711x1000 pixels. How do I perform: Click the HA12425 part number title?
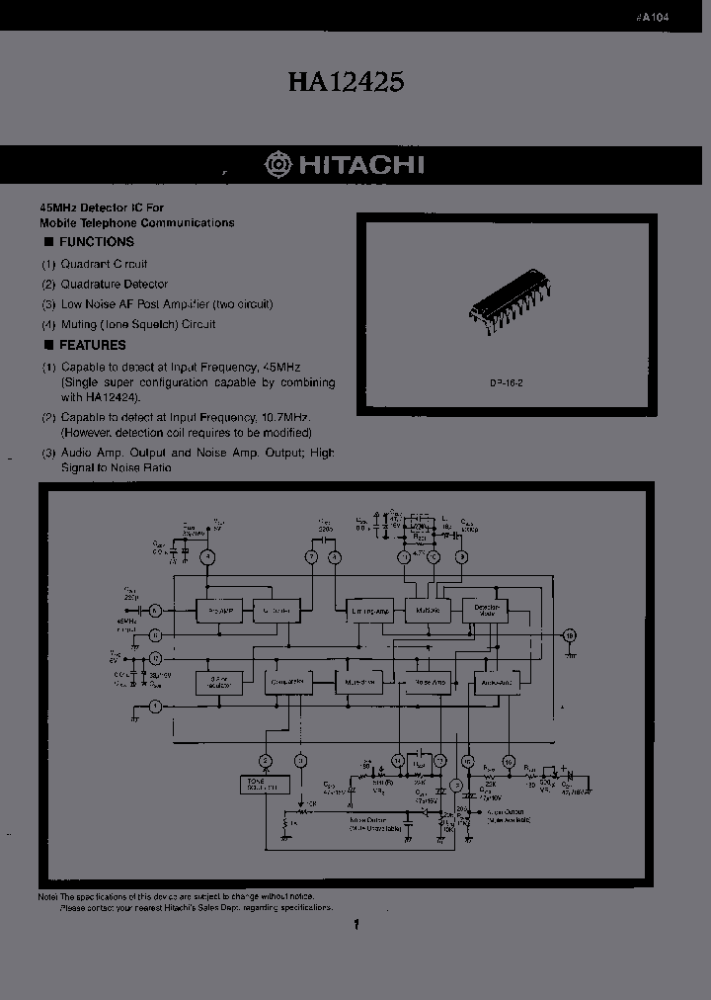pos(346,83)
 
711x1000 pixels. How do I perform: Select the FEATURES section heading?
pos(92,345)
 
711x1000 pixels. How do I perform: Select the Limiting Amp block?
pos(370,611)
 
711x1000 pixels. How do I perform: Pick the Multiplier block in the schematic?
pos(428,611)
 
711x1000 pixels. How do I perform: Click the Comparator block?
pos(287,682)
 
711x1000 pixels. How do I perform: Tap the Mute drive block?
pos(356,682)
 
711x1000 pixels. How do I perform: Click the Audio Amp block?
pos(497,682)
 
